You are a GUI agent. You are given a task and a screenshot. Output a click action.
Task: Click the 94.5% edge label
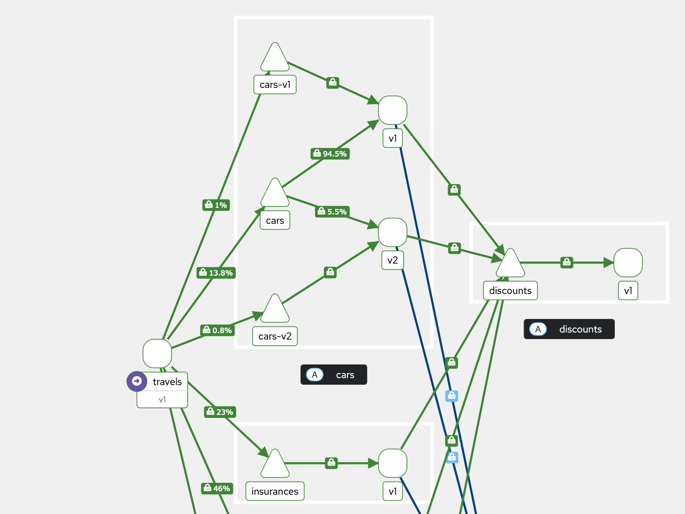tap(330, 154)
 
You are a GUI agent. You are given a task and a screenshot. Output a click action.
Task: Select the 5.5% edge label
tap(332, 212)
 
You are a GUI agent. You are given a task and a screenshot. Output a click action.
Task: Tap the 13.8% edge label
tap(216, 273)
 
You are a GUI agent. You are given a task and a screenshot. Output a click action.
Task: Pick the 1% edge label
tap(216, 205)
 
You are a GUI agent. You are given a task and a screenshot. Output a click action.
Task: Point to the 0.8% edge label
tap(217, 330)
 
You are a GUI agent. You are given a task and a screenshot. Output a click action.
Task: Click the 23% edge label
tap(220, 412)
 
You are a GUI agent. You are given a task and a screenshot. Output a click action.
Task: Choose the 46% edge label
tap(217, 489)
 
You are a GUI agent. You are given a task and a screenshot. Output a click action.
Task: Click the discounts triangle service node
tap(510, 265)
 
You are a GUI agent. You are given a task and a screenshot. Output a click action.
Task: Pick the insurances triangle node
tap(275, 466)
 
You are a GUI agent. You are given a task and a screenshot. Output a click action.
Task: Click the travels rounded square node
tap(157, 353)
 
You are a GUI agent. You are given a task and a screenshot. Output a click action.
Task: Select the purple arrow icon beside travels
tap(137, 381)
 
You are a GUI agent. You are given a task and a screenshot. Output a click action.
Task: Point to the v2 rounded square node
tap(393, 232)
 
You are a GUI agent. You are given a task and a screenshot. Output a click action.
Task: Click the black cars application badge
tap(333, 375)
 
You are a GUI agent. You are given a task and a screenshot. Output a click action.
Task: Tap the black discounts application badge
tap(569, 329)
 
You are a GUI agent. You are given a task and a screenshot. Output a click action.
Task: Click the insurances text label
tap(275, 491)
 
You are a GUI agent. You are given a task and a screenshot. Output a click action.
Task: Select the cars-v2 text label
tap(275, 336)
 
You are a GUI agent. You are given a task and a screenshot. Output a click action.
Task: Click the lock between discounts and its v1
tap(567, 262)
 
